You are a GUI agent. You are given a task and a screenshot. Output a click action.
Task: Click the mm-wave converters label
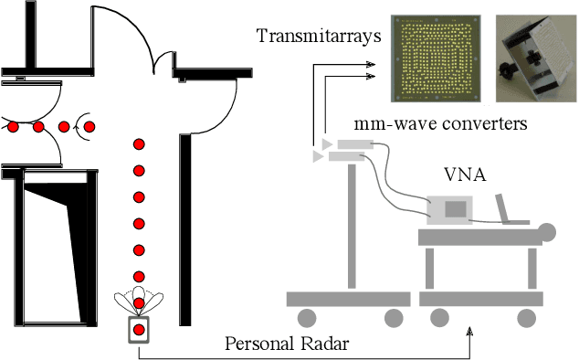[x=441, y=123]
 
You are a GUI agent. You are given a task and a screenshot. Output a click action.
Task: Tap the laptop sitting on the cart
[x=510, y=211]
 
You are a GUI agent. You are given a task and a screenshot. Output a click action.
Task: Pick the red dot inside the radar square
[x=138, y=329]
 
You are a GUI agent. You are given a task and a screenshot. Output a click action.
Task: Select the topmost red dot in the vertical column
[x=139, y=144]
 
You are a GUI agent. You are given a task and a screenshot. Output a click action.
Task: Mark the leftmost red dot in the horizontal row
[x=13, y=125]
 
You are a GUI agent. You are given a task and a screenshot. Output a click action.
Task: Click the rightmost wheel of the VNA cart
[x=527, y=317]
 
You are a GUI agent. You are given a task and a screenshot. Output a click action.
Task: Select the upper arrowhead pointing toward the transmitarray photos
[x=369, y=64]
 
